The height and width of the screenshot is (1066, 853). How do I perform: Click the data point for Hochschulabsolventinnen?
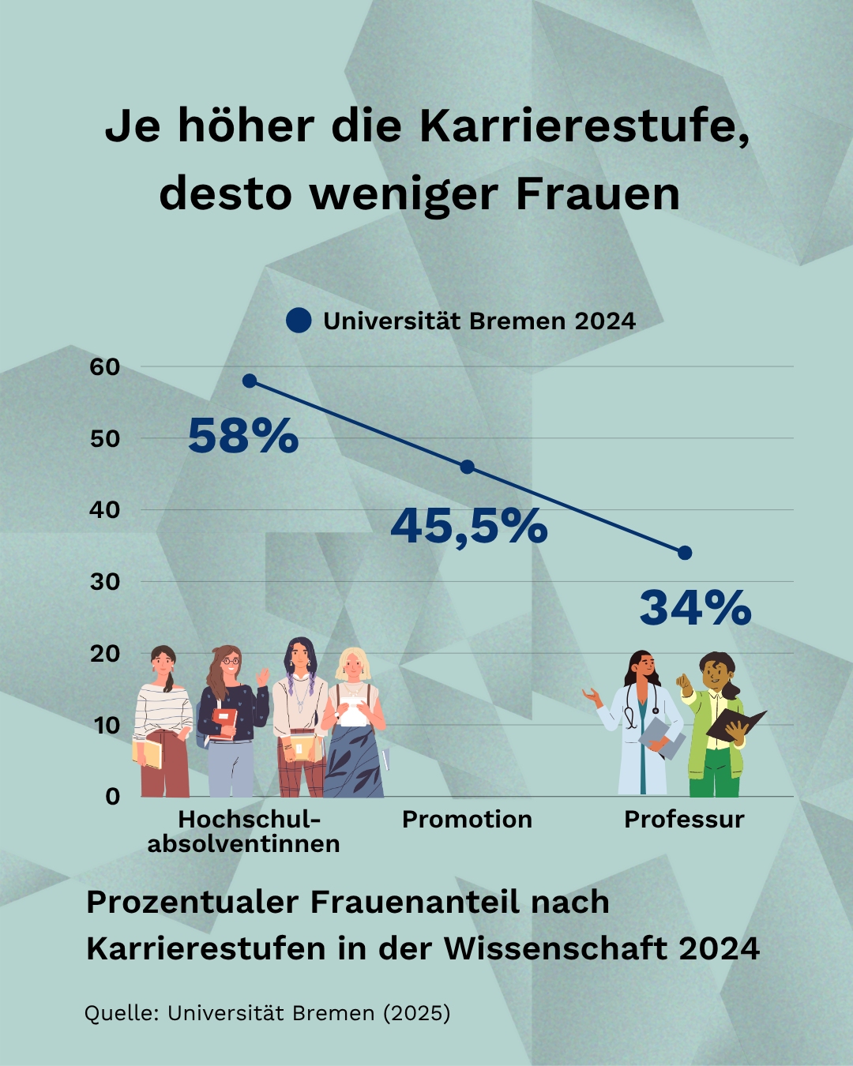250,381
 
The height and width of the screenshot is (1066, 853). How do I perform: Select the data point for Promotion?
468,467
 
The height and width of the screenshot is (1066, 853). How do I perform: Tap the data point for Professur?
685,553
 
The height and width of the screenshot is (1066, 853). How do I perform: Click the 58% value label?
243,436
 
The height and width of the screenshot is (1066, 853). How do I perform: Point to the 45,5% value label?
469,526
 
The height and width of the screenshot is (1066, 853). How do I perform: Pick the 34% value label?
695,608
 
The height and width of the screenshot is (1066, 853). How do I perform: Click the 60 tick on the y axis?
105,367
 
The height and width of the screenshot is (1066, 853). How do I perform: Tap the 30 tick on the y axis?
105,582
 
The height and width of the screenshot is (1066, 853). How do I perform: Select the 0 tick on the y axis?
113,797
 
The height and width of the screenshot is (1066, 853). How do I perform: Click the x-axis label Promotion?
467,820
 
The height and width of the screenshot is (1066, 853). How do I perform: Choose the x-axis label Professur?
684,820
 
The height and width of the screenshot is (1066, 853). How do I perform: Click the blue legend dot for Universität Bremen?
299,321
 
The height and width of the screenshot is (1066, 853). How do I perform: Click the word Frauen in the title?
598,194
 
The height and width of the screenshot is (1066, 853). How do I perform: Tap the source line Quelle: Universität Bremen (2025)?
268,1013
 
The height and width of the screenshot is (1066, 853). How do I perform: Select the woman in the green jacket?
717,726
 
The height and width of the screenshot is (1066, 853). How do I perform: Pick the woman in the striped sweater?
163,723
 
